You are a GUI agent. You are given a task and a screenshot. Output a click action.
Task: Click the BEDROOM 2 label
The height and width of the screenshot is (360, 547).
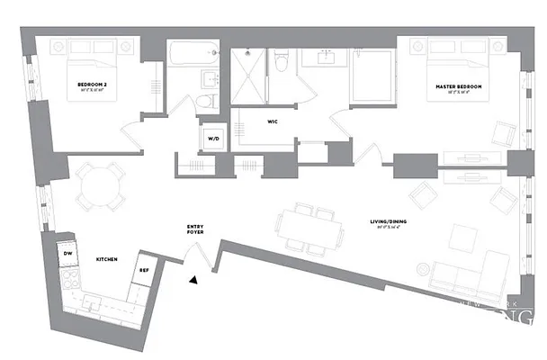coord(94,85)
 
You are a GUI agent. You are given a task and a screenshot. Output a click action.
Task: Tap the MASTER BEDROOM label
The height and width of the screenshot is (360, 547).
coord(459,86)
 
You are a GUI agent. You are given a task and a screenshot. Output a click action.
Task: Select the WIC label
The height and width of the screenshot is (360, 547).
coord(272,121)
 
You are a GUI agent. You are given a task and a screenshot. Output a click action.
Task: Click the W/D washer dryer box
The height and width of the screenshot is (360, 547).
coord(214,139)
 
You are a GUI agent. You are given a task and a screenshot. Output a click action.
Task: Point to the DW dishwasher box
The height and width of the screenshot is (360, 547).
coord(68,255)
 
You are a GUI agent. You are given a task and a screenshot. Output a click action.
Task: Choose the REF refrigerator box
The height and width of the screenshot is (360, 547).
coord(144,271)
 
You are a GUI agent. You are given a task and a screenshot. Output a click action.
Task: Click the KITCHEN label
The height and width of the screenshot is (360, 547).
coord(108,259)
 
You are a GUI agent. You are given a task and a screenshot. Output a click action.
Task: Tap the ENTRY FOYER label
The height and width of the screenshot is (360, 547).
coord(195,229)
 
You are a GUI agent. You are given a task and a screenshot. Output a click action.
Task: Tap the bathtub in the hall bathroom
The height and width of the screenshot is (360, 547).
coord(193,53)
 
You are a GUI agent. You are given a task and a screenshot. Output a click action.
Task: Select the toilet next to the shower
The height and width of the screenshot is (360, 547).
coord(282,61)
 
